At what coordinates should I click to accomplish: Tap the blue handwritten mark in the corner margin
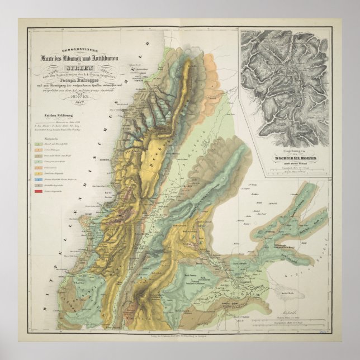coord(336,333)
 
